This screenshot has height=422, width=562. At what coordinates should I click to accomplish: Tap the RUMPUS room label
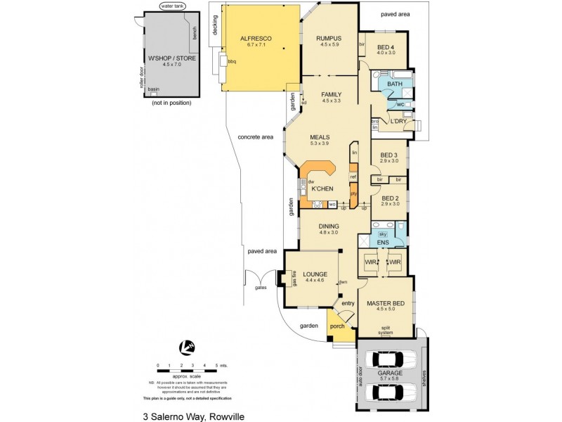coord(329,39)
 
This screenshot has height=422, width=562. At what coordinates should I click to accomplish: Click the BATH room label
coord(394,84)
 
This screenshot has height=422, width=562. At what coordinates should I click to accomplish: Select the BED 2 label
coord(390,198)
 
